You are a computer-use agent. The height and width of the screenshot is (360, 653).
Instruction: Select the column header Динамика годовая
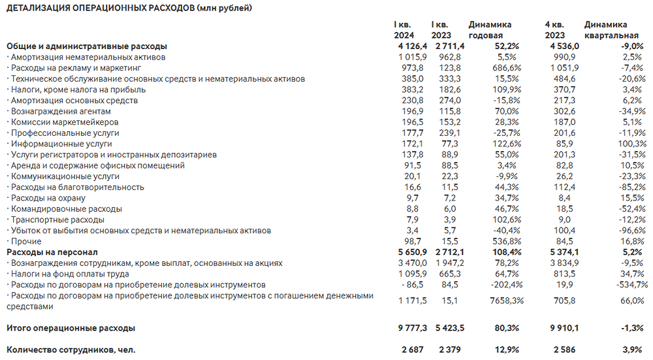click(x=490, y=30)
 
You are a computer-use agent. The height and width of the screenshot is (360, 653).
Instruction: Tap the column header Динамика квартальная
click(x=611, y=30)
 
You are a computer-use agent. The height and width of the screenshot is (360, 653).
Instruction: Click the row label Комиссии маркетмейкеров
click(x=64, y=122)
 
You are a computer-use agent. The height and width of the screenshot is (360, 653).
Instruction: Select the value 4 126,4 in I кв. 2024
click(x=411, y=46)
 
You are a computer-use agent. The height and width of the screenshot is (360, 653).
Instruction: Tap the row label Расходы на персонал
click(x=52, y=252)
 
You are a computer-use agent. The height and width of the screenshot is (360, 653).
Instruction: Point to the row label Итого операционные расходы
click(x=72, y=328)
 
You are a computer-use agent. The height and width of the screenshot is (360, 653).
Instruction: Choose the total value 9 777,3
click(x=411, y=328)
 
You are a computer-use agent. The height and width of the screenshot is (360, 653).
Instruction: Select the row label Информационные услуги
click(x=61, y=144)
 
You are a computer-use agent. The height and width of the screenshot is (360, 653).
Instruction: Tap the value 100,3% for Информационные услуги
click(x=629, y=144)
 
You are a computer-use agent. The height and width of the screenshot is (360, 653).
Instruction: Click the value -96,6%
click(x=629, y=231)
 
